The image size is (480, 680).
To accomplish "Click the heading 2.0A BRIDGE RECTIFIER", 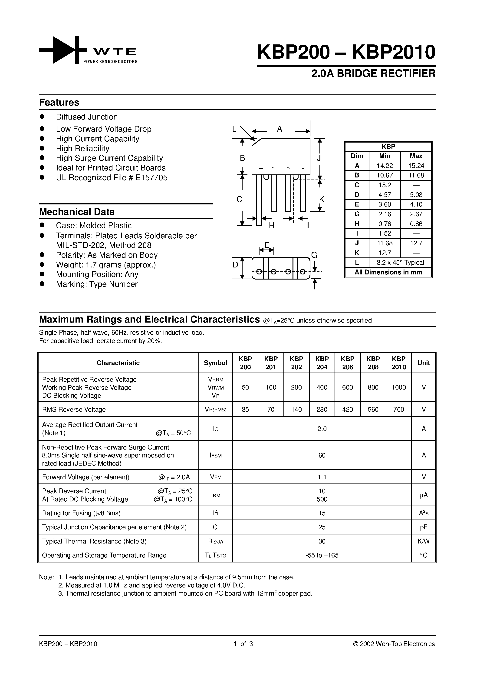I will pos(373,73).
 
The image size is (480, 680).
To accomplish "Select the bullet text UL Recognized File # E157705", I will pos(112,178).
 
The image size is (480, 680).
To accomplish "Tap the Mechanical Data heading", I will pos(77,212).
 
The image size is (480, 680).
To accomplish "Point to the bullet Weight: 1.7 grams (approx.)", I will pos(106,265).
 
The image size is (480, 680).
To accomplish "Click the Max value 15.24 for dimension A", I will pos(416,166).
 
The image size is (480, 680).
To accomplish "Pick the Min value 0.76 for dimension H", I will pos(385,224).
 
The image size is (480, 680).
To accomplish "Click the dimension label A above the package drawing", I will pos(279,129).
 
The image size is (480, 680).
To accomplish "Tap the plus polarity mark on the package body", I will pos(261,169).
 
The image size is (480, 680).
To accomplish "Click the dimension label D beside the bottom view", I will pos(235,265).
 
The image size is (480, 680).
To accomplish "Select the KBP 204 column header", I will pos(322,363).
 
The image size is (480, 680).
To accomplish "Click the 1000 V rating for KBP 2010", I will pos(399,387).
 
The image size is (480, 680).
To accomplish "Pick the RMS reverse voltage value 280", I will pos(322,410).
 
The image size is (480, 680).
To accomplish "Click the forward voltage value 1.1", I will pos(322,477).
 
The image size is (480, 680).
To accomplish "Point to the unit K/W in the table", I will pos(424,541).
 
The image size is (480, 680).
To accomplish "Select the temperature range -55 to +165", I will pos(322,555).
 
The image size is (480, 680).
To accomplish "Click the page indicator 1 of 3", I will pos(243,644).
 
